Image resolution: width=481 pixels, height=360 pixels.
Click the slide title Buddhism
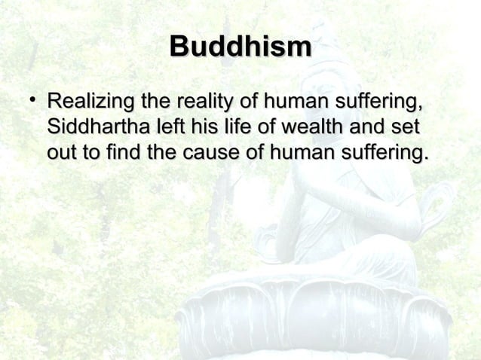(240, 46)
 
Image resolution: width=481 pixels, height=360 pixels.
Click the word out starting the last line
(62, 154)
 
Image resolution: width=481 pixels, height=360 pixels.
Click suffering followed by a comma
(375, 101)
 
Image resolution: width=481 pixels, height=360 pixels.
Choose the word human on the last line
(291, 154)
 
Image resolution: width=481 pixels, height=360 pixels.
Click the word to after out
(92, 154)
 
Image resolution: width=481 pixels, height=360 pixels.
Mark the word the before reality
(154, 101)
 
